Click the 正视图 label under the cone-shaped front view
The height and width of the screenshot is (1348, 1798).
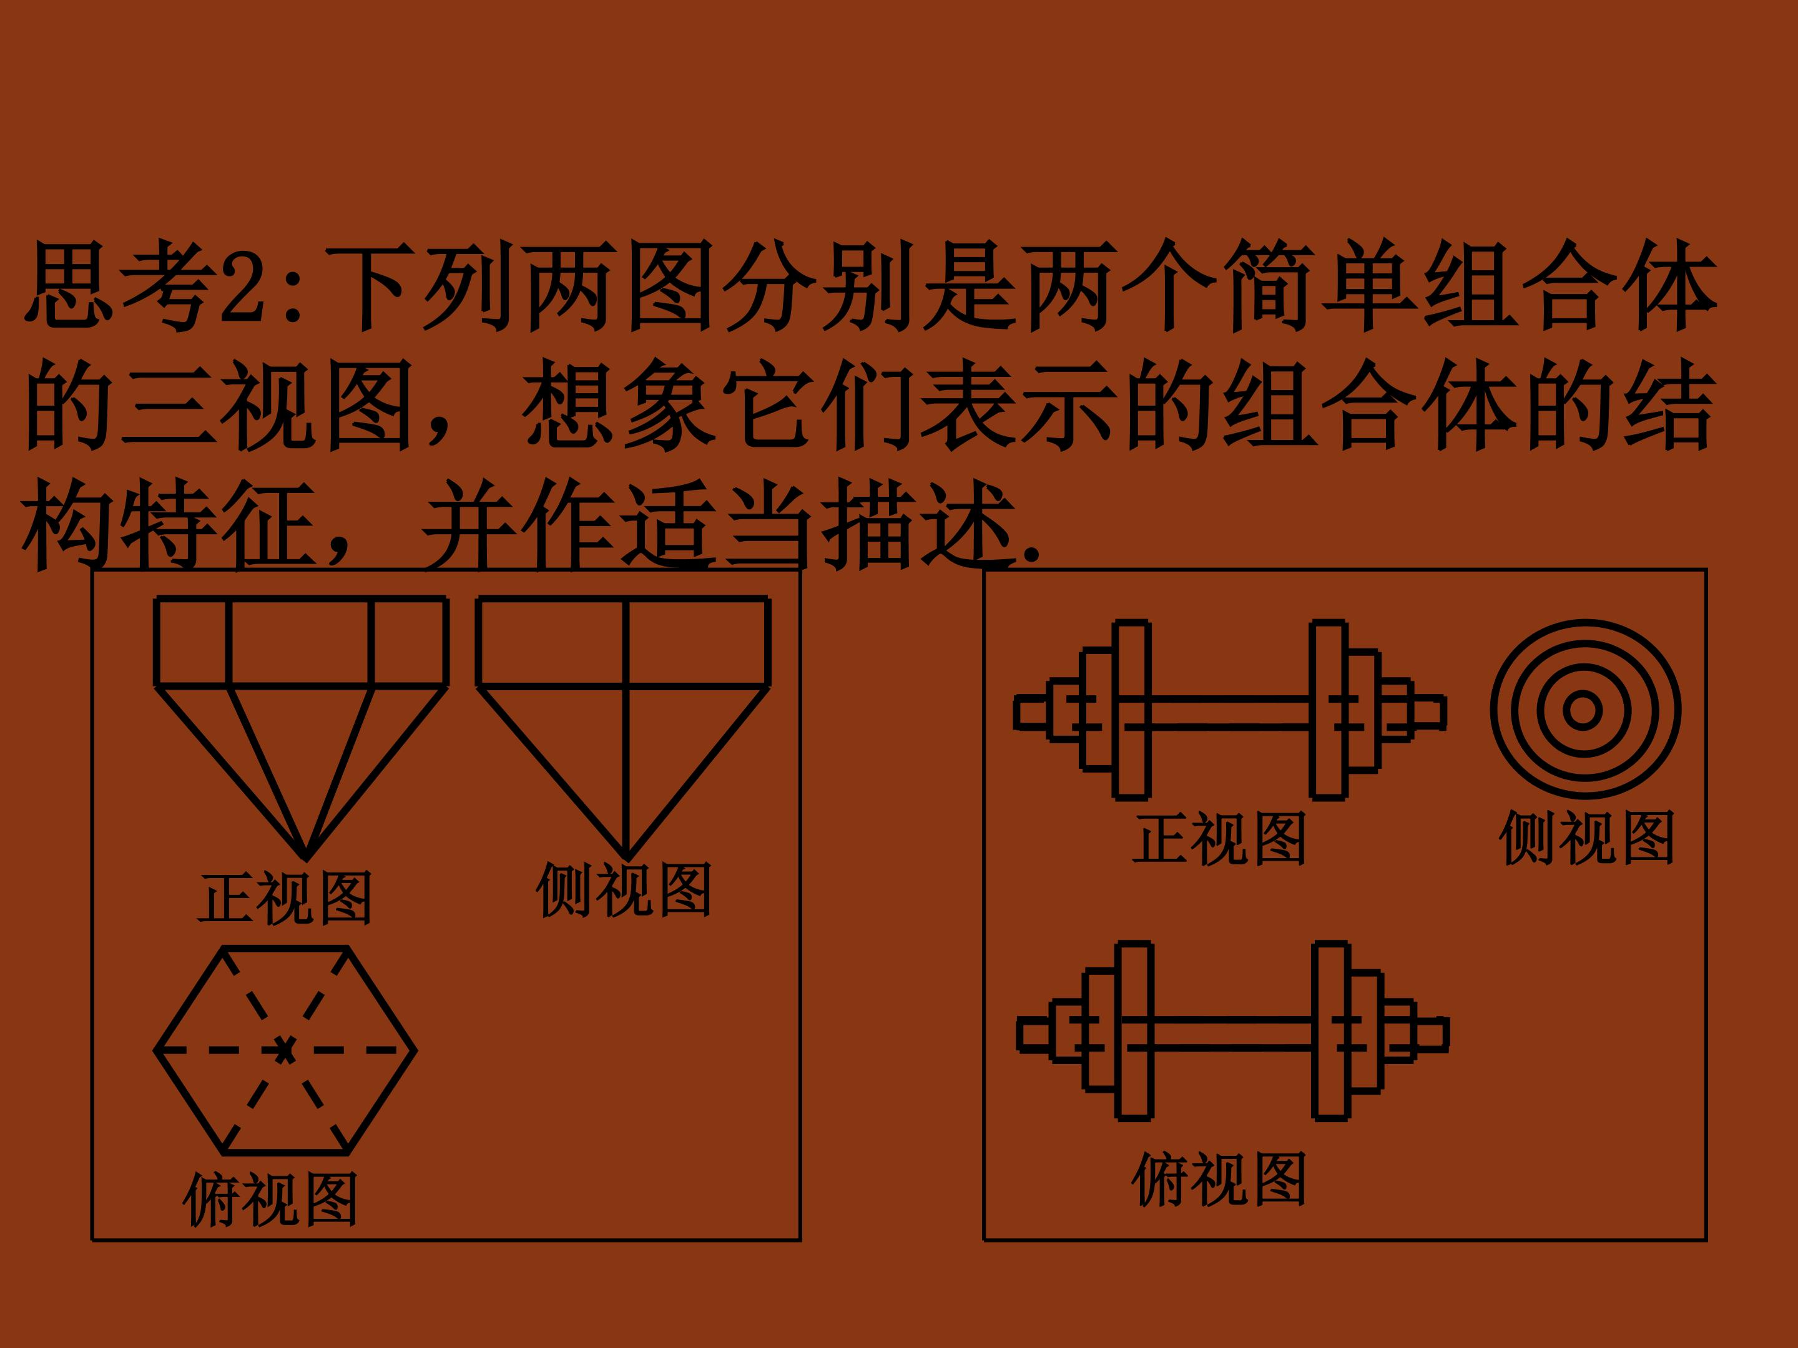[x=285, y=898]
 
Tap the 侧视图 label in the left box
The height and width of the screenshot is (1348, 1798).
[x=624, y=889]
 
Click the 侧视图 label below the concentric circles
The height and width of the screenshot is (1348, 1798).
[x=1586, y=838]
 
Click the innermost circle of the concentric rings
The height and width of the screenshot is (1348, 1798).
[x=1582, y=710]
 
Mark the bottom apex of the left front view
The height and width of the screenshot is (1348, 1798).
[x=306, y=859]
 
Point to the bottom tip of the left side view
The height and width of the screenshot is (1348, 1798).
[x=627, y=859]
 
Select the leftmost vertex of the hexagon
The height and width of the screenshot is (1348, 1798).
[x=155, y=1050]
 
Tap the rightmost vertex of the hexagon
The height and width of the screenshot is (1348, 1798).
[x=415, y=1050]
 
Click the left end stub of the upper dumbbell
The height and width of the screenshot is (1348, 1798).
[x=1031, y=712]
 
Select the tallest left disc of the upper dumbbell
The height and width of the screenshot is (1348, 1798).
[x=1131, y=710]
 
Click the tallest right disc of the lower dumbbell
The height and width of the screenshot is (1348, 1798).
[x=1332, y=1031]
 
